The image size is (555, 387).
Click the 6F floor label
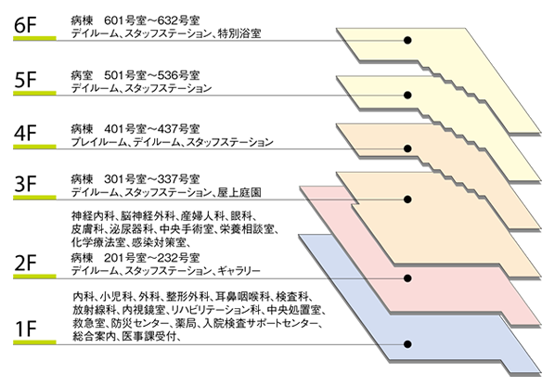(x=25, y=25)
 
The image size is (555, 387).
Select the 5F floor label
(x=25, y=80)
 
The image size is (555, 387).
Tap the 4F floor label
(x=25, y=133)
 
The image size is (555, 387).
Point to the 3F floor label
(x=25, y=184)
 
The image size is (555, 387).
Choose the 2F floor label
(x=25, y=263)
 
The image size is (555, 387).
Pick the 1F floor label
(x=25, y=329)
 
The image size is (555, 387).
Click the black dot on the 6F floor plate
(x=407, y=40)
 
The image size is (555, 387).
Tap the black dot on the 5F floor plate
(x=407, y=95)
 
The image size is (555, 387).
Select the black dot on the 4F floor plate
(x=407, y=148)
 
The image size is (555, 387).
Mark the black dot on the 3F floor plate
(x=407, y=200)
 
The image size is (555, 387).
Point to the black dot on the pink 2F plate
(x=407, y=278)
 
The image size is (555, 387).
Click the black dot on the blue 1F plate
(x=407, y=343)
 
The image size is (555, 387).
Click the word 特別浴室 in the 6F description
(x=239, y=33)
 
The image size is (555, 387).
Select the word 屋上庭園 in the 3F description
(x=239, y=193)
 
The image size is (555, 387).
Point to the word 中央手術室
(x=187, y=229)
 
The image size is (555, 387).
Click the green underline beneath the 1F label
(x=34, y=342)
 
